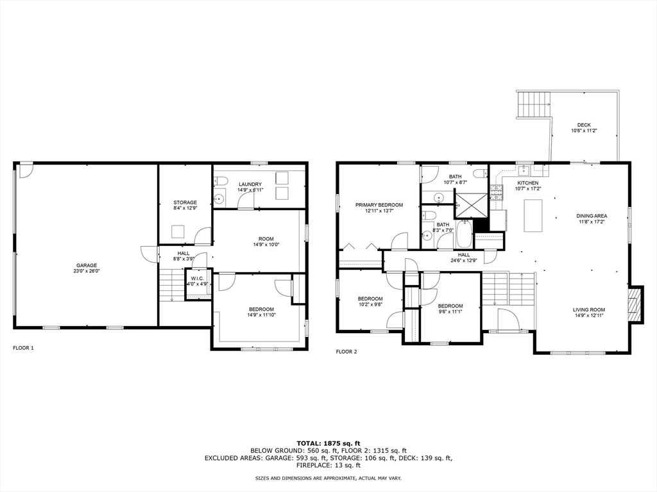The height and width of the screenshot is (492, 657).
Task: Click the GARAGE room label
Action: (x=86, y=265)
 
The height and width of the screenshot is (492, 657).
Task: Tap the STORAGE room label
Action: (x=185, y=202)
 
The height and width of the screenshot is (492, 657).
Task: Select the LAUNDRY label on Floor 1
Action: (x=250, y=184)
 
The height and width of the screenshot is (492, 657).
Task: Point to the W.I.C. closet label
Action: (x=197, y=278)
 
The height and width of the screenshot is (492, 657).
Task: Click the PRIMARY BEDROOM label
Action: (x=379, y=205)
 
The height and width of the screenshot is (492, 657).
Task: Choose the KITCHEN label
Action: (x=528, y=183)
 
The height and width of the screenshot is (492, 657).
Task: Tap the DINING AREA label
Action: (x=591, y=216)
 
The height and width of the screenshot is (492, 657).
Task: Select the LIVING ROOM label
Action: (x=589, y=310)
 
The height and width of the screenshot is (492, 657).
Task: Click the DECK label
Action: (x=584, y=125)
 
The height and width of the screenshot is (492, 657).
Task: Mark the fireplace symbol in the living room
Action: (x=634, y=304)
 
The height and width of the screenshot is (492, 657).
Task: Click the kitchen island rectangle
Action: (x=533, y=215)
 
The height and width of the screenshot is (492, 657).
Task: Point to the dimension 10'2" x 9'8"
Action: (x=370, y=305)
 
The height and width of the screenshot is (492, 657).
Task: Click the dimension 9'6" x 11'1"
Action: (x=450, y=312)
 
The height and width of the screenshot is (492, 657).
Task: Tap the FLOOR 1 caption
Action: (x=23, y=348)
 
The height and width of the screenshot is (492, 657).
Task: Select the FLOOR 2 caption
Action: (x=346, y=352)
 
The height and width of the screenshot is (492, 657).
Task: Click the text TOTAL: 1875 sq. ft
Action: (x=328, y=443)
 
